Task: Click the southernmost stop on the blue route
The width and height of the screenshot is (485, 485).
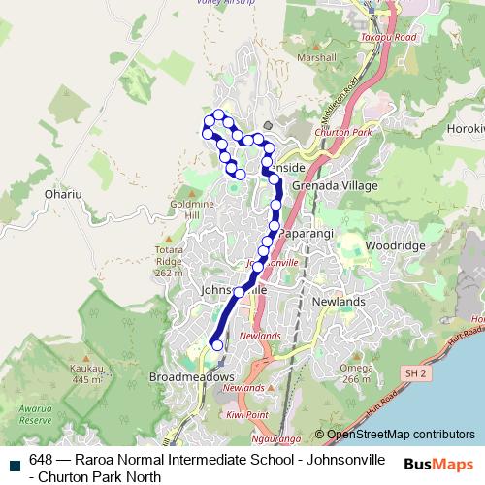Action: pyautogui.click(x=217, y=344)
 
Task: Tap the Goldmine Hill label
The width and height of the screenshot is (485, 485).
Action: pyautogui.click(x=197, y=210)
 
